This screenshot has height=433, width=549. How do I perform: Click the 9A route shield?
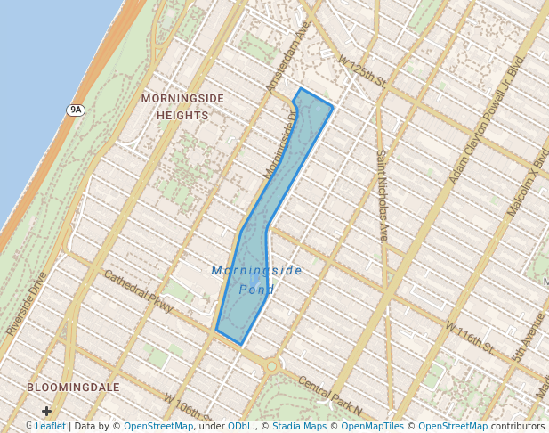[75, 110]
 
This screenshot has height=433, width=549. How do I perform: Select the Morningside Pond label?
[257, 279]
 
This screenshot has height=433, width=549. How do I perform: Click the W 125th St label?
[361, 71]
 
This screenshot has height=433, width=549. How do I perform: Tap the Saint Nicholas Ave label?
[382, 194]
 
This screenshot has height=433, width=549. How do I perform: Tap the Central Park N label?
[330, 396]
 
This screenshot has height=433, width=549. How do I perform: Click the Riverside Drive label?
[26, 304]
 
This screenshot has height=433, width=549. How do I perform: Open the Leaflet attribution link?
[50, 426]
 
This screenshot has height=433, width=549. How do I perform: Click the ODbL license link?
[240, 426]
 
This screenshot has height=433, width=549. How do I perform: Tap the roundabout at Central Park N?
[271, 365]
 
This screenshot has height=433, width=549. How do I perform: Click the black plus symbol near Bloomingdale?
[46, 411]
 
